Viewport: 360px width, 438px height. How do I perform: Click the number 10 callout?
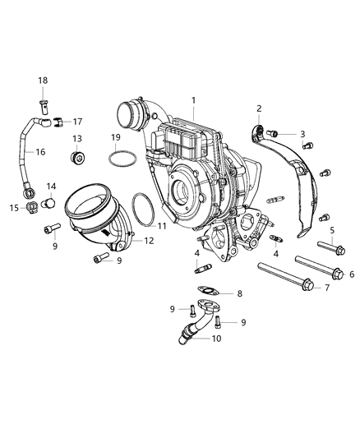pyautogui.click(x=217, y=339)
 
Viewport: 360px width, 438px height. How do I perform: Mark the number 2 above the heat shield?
pyautogui.click(x=259, y=108)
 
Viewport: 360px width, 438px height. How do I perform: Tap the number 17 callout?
pyautogui.click(x=77, y=122)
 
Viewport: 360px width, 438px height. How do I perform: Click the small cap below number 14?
pyautogui.click(x=49, y=201)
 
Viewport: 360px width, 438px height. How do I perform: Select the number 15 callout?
pyautogui.click(x=14, y=208)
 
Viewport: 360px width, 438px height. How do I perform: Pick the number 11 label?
pyautogui.click(x=162, y=225)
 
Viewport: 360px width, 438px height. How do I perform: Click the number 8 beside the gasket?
pyautogui.click(x=240, y=293)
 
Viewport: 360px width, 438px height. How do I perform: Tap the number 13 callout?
pyautogui.click(x=77, y=139)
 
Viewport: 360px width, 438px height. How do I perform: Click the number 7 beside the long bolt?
pyautogui.click(x=327, y=288)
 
